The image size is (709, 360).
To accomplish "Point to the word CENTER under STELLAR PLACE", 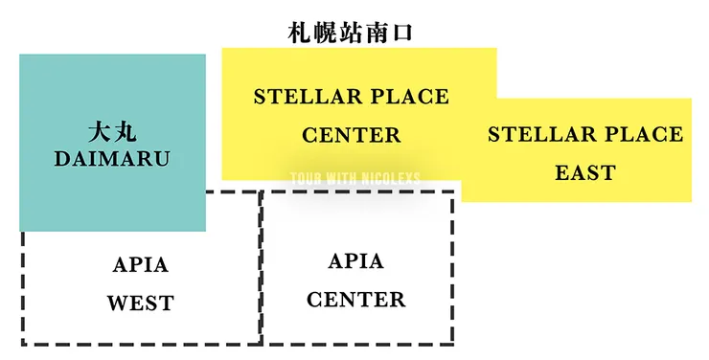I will coord(351,135).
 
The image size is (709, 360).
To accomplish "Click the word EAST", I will coord(584,173).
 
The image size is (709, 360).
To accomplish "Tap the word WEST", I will coord(140,304).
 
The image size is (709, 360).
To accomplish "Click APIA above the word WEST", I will coord(140,266).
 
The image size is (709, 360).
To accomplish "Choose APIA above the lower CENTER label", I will coord(355,261).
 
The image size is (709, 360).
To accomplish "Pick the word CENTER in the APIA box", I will coord(355,300).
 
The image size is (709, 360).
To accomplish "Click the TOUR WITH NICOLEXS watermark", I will coord(354,178).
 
